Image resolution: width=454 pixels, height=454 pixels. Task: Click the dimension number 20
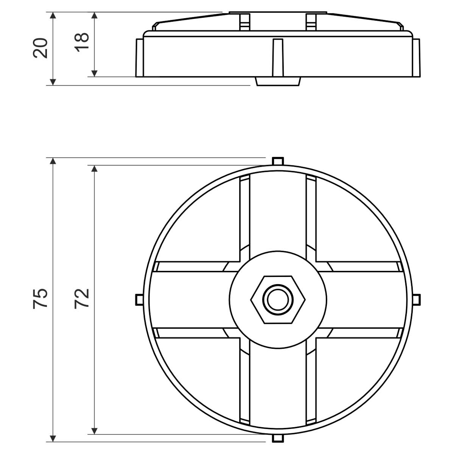40,48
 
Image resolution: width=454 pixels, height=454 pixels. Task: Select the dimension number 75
40,298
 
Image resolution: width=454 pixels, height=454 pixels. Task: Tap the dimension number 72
81,299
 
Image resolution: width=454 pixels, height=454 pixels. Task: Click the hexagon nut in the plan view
278,300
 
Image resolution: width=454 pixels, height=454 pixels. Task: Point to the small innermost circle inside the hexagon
278,300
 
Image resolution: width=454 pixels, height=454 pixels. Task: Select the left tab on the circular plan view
139,300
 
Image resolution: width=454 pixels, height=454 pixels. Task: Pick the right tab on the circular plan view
416,300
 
